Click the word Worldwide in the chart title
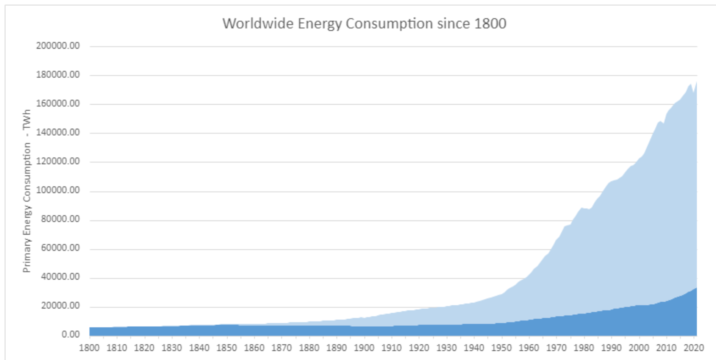point(258,23)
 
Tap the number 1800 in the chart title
point(490,23)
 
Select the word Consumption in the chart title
point(389,23)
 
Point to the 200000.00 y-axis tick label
point(58,46)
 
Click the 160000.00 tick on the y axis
point(58,103)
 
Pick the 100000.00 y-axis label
point(58,190)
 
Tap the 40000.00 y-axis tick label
point(60,277)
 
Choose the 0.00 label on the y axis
point(71,335)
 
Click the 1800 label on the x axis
point(89,348)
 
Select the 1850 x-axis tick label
point(227,348)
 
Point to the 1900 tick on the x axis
point(364,348)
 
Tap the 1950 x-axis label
point(502,348)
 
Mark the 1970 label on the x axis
point(557,348)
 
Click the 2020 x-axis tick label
point(694,348)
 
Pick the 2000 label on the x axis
point(639,348)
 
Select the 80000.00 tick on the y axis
point(60,219)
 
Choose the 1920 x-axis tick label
point(419,348)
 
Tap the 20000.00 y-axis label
point(60,306)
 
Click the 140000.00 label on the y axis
point(58,132)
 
